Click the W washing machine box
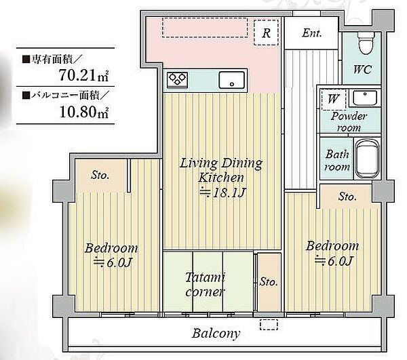tap(333, 99)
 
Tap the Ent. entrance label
tap(311, 33)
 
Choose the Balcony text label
tap(216, 334)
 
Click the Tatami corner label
tap(206, 285)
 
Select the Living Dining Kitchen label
tap(220, 170)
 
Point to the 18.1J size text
tap(221, 193)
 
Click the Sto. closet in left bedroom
tap(100, 176)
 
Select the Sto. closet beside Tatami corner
tap(267, 282)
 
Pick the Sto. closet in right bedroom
tap(347, 197)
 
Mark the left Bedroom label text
tap(111, 248)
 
